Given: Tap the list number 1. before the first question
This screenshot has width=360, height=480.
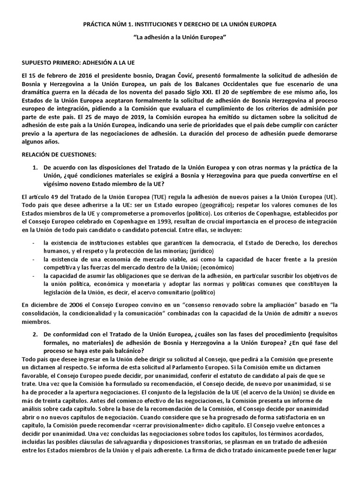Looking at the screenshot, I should coord(35,167).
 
